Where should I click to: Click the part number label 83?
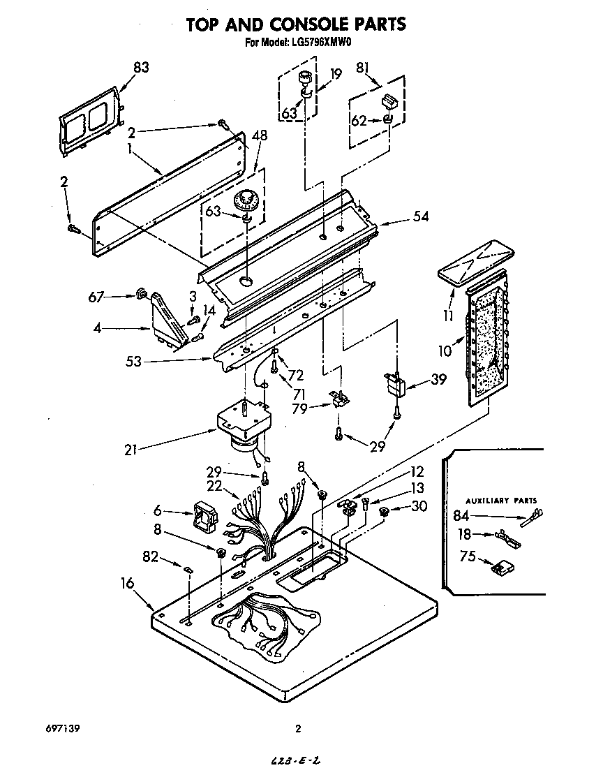(140, 68)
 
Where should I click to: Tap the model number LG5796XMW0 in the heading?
(318, 43)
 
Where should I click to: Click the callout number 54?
(420, 217)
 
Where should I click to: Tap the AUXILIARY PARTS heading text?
(501, 501)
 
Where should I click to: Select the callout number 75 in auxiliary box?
(468, 556)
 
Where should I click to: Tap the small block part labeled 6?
(205, 519)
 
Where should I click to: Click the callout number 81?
(363, 68)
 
